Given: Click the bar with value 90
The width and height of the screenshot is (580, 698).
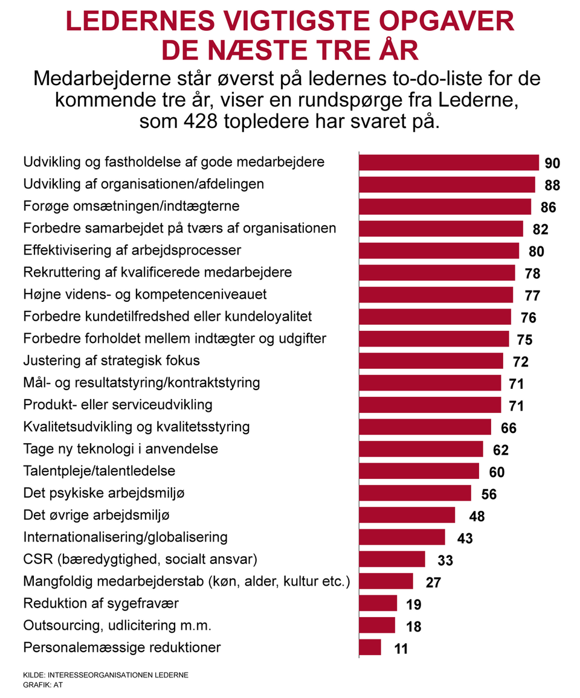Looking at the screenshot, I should tap(448, 163).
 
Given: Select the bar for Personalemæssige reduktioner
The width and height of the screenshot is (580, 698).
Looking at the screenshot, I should tap(370, 647).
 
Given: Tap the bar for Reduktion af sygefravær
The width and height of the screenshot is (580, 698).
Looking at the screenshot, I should tap(378, 603).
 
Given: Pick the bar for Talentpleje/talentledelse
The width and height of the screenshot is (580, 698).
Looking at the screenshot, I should tap(419, 471).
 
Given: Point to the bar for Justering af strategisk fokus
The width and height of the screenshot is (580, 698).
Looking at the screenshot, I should tap(431, 361).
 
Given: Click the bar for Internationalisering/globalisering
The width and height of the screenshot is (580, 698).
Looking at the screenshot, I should tap(402, 537).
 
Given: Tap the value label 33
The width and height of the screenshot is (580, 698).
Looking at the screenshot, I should tap(445, 560).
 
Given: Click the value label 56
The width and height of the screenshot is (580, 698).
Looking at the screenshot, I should tap(489, 494).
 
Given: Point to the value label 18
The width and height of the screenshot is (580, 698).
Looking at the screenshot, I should tap(413, 626).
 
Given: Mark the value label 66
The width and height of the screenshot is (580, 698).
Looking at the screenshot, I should tap(509, 428).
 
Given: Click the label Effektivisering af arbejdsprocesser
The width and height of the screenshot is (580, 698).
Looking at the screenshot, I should tap(132, 250).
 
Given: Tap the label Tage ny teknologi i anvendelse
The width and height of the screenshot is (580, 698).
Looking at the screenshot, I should tap(121, 449).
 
